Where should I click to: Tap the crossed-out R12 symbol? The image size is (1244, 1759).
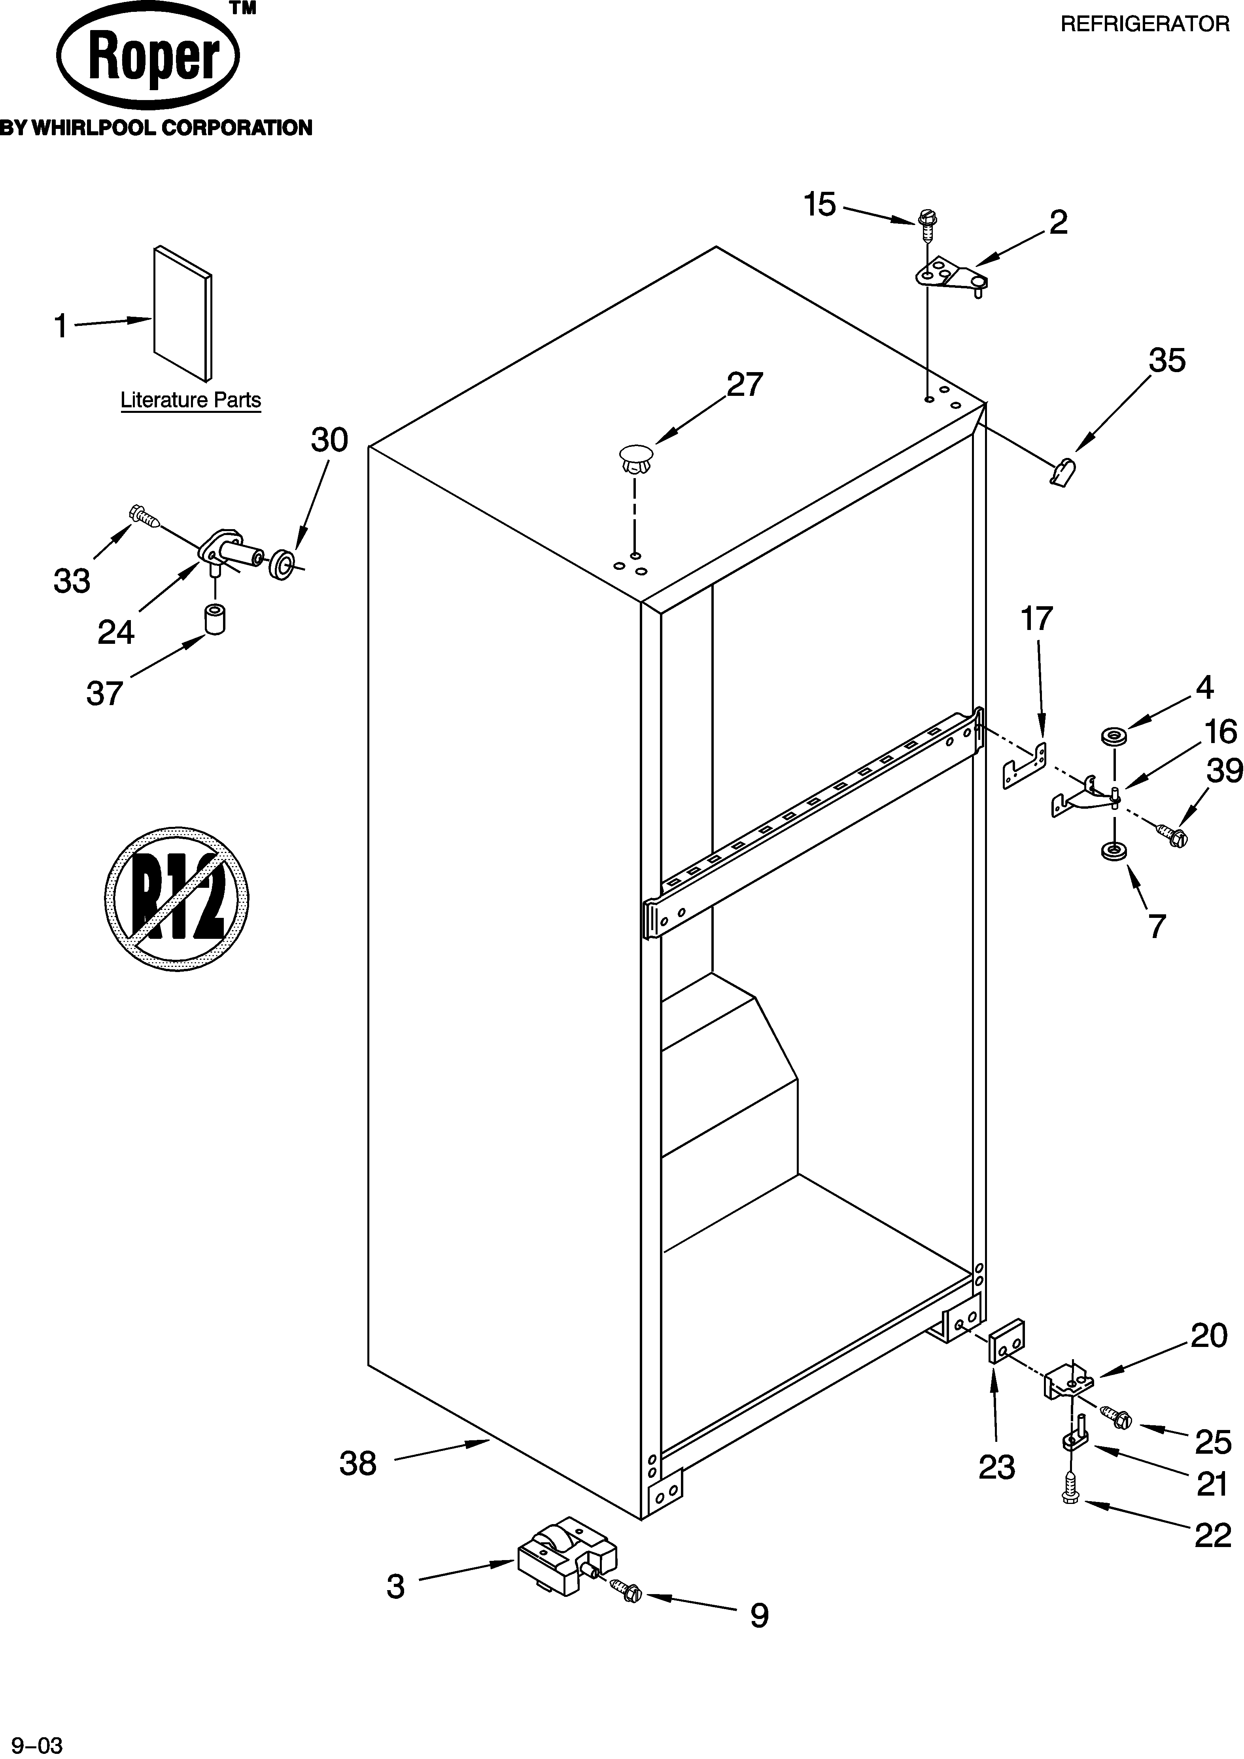pyautogui.click(x=177, y=898)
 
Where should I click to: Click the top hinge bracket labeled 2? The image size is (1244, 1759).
pyautogui.click(x=952, y=277)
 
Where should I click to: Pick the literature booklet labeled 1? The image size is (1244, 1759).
pyautogui.click(x=182, y=312)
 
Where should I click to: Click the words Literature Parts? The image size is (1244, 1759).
pyautogui.click(x=191, y=400)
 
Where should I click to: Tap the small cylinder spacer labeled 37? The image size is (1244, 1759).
pyautogui.click(x=215, y=619)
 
